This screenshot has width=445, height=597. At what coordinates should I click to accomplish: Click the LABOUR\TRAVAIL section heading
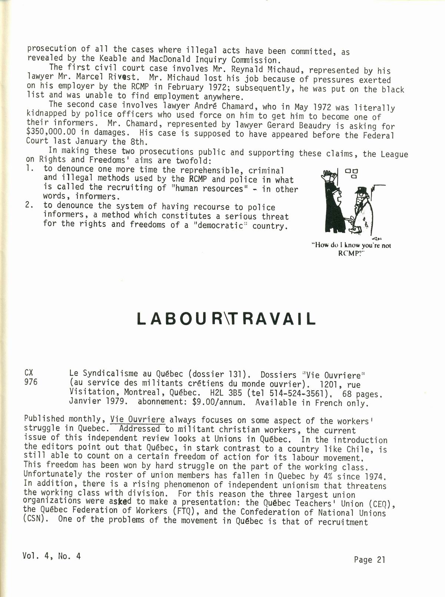point(226,319)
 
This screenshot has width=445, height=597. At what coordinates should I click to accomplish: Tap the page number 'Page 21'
point(369,560)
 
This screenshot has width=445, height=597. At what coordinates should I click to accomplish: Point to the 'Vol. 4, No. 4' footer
point(52,556)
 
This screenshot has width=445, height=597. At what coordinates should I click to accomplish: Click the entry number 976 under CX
point(31,382)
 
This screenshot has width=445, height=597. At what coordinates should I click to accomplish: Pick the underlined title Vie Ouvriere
point(137,419)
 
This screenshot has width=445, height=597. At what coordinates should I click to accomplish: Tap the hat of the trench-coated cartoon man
point(361,190)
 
